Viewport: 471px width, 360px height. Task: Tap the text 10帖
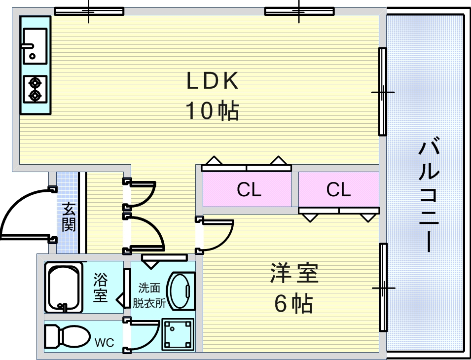[x=213, y=111]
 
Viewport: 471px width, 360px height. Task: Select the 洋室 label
[x=294, y=274]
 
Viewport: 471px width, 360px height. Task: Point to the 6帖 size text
[x=294, y=303]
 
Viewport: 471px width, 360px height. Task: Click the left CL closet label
[x=249, y=190]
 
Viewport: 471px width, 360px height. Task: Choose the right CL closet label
[x=338, y=190]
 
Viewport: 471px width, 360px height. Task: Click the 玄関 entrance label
[x=69, y=217]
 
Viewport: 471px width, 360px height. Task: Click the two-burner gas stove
[x=35, y=89]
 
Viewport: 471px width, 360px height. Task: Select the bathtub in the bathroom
[x=64, y=288]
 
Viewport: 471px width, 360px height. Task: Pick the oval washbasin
[x=178, y=290]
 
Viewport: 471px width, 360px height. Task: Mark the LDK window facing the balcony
[x=382, y=92]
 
